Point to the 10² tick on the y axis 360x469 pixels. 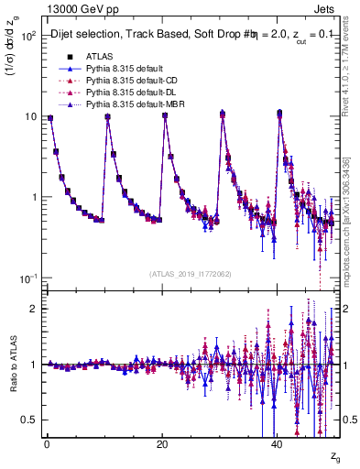[28, 37]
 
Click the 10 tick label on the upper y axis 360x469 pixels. [30, 117]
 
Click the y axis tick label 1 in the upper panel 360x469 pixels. [33, 198]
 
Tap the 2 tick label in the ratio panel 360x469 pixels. [33, 309]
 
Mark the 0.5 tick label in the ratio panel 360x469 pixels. [29, 420]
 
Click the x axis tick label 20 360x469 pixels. [161, 442]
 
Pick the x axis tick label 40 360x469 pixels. [277, 442]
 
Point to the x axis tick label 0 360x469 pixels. [46, 442]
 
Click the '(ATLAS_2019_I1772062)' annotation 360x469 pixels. [190, 273]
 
